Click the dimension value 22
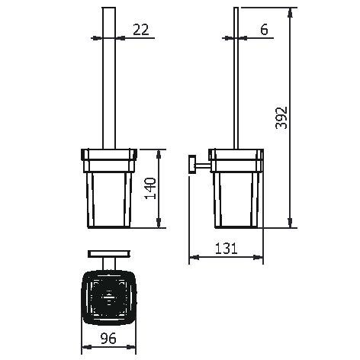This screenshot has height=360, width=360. point(141,30)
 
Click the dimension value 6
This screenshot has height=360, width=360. point(264,30)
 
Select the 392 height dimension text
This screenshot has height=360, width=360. point(281,117)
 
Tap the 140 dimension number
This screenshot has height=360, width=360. point(150,188)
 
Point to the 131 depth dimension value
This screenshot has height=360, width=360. point(227,249)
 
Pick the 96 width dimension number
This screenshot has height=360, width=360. point(108,338)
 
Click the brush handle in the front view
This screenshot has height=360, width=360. point(109,78)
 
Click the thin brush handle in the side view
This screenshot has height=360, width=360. point(236,78)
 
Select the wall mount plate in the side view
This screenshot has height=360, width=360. point(191,164)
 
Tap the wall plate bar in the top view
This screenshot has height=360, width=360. point(109,254)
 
